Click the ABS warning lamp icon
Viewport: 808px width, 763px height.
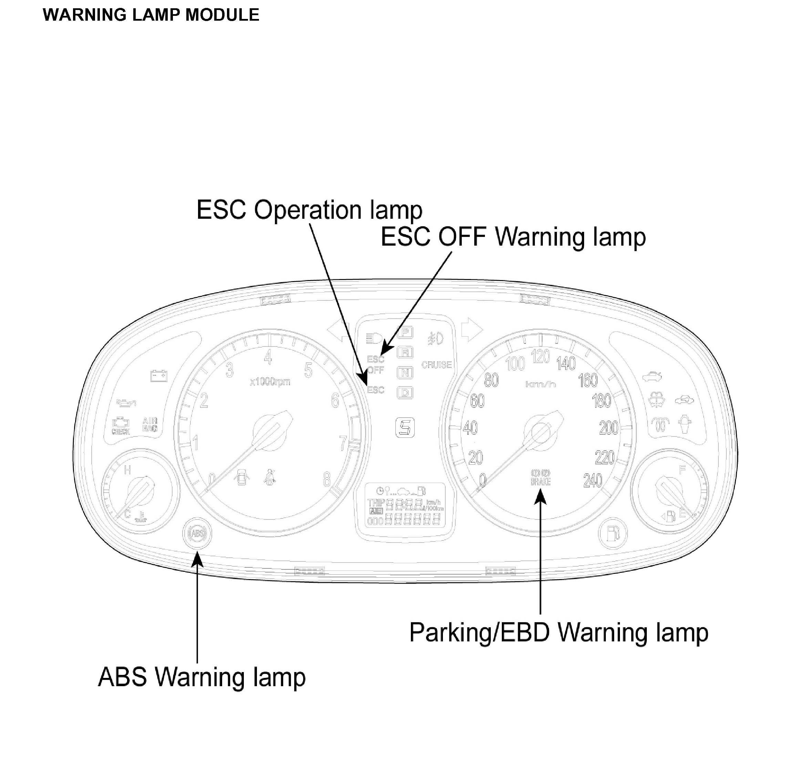(x=198, y=533)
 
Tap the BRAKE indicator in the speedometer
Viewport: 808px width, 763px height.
(x=540, y=477)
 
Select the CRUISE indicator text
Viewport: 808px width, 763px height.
(x=437, y=365)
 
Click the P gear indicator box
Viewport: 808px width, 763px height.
(x=405, y=332)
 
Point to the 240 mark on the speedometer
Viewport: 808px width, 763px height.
(x=592, y=481)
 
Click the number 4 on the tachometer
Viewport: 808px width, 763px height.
(x=268, y=358)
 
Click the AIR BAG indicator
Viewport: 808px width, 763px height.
(x=149, y=425)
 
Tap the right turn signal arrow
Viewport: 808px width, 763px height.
(x=472, y=329)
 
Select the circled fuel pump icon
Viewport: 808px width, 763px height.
(x=613, y=533)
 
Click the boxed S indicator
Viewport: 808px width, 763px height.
(x=405, y=428)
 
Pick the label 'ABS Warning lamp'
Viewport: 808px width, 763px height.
(x=202, y=677)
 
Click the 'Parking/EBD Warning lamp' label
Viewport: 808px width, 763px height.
(x=558, y=633)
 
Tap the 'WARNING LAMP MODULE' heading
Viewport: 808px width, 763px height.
(x=151, y=15)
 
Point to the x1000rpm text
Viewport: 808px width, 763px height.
(x=270, y=382)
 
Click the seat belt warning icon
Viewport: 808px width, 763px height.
(x=270, y=476)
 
